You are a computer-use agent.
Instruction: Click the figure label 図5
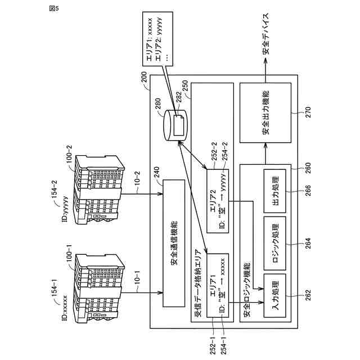(54, 8)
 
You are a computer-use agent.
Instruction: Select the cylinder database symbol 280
(175, 125)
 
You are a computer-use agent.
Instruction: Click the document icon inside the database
(179, 125)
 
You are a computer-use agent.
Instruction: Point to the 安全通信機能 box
(174, 243)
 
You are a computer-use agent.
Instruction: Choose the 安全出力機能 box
(265, 112)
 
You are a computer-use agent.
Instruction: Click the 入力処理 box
(275, 295)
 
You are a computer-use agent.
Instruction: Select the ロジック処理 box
(275, 243)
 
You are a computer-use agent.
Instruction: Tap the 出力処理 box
(275, 191)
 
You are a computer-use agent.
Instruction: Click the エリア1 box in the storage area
(218, 285)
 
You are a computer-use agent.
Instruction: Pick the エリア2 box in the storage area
(218, 201)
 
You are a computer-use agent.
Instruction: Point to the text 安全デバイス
(265, 34)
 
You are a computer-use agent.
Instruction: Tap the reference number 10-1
(137, 280)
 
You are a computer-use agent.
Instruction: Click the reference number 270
(308, 112)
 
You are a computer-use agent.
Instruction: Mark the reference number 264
(308, 243)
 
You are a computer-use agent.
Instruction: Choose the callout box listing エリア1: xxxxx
(157, 39)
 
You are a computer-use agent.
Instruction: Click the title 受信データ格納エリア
(199, 284)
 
